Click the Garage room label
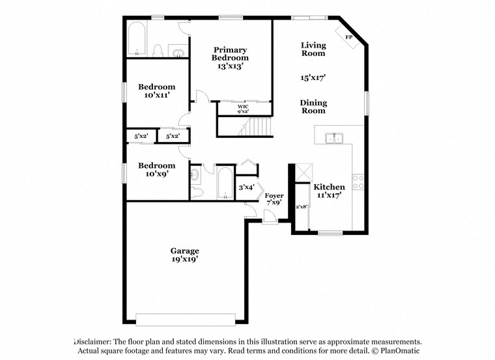click(x=184, y=251)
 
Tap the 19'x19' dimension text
click(x=184, y=259)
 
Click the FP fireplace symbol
click(x=348, y=36)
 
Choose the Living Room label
click(x=313, y=49)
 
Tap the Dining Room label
click(x=313, y=107)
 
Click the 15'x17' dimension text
click(x=313, y=77)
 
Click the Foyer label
click(x=274, y=195)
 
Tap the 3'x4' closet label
click(x=246, y=187)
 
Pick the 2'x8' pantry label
click(x=301, y=207)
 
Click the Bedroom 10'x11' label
click(x=156, y=91)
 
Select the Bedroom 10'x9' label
click(x=156, y=169)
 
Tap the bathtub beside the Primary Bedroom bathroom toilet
click(x=136, y=40)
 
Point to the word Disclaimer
click(x=94, y=342)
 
